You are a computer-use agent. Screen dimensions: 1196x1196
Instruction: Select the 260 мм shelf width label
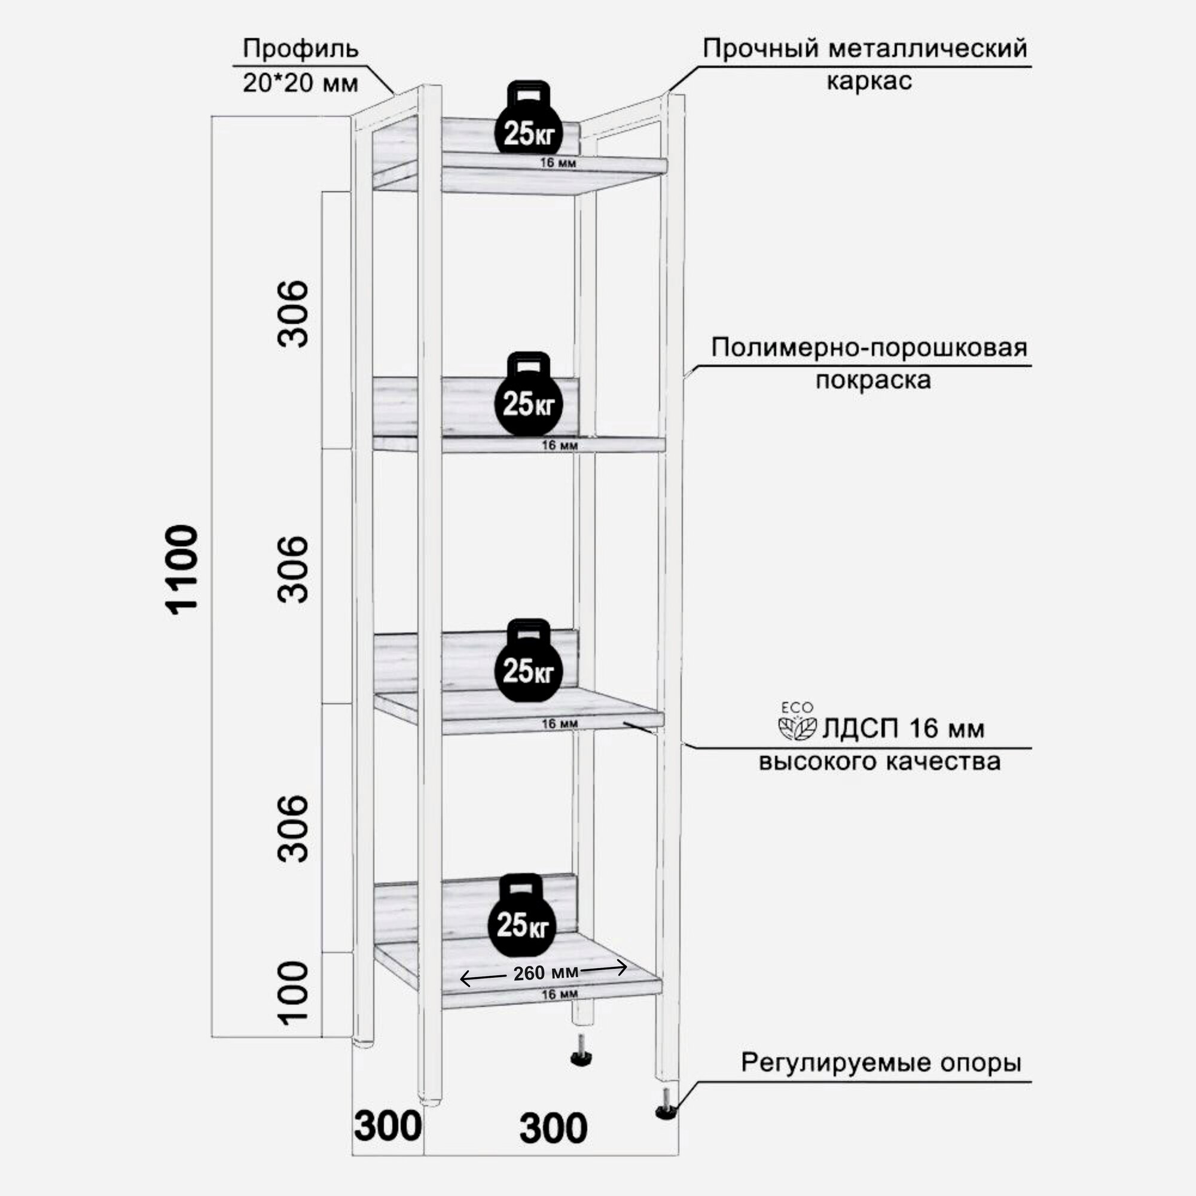[x=545, y=972]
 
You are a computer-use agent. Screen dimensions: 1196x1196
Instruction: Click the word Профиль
[x=300, y=48]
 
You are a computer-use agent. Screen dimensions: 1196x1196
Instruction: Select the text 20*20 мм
[x=300, y=83]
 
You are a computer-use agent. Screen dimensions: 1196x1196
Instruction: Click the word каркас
[x=869, y=81]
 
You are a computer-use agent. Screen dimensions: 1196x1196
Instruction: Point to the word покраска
[x=873, y=380]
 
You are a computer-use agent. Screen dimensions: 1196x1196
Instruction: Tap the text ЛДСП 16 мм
[x=902, y=728]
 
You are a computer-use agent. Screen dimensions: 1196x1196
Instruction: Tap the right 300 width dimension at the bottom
[x=553, y=1128]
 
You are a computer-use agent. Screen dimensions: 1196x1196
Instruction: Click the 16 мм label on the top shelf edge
[x=558, y=163]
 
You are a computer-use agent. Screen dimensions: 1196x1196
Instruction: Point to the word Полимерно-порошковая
[x=869, y=347]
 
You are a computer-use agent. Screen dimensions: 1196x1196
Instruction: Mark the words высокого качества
[x=880, y=761]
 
